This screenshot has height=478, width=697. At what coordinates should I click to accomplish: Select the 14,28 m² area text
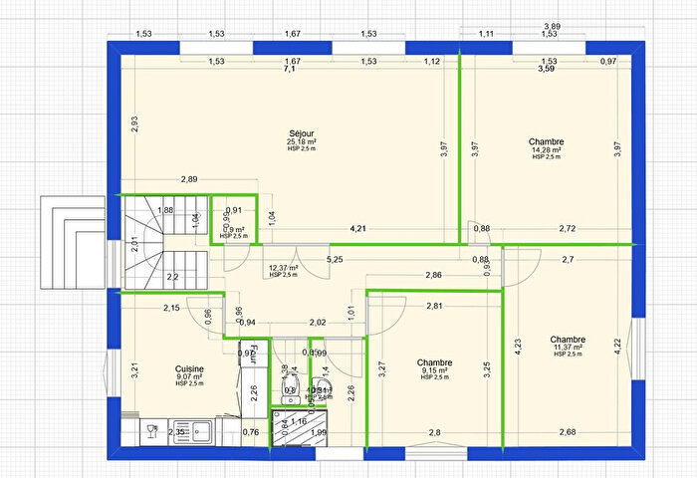point(547,150)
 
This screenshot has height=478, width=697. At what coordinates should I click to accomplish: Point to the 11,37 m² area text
point(567,347)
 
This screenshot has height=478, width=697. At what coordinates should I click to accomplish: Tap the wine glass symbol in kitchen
point(151,431)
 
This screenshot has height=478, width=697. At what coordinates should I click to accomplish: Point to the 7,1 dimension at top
point(290,70)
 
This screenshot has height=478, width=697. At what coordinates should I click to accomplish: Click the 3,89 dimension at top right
point(551,25)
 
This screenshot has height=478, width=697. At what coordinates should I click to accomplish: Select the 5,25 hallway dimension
point(335,260)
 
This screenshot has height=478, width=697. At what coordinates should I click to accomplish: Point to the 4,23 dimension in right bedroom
point(517,347)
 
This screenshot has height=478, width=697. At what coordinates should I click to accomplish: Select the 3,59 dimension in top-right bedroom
point(547,70)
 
